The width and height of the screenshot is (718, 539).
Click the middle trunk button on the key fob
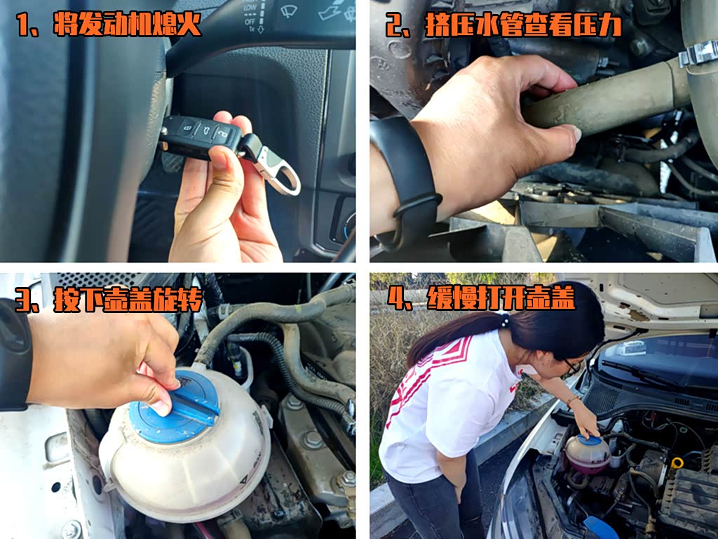click(204, 130)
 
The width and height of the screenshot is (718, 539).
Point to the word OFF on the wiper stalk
click(250, 22)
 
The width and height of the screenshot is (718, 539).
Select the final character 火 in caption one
click(189, 24)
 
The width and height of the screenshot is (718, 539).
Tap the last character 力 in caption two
click(609, 25)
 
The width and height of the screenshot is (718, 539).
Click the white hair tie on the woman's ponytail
click(505, 320)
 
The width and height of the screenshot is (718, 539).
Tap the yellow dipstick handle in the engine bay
click(677, 463)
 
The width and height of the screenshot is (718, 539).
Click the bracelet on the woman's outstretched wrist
click(572, 399)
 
